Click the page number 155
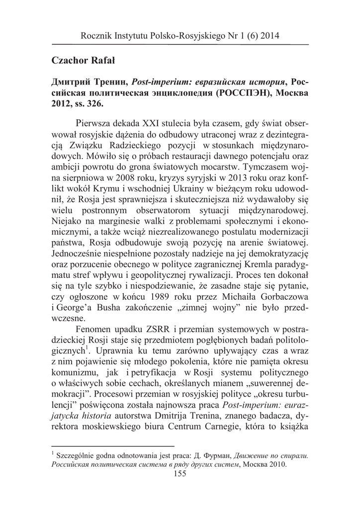[180, 474]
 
